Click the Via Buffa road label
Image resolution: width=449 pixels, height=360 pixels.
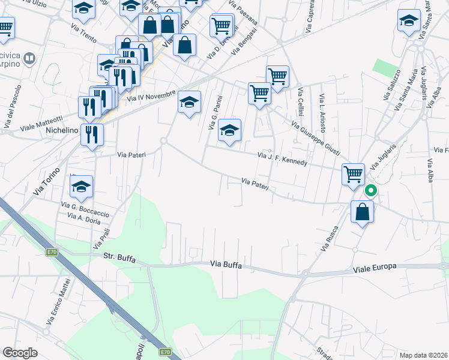[226, 265]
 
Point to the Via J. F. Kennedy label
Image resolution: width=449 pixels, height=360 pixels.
[282, 159]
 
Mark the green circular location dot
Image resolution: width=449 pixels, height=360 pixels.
[371, 191]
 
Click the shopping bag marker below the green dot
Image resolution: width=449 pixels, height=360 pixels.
[363, 212]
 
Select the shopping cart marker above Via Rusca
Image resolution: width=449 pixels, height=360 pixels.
[354, 174]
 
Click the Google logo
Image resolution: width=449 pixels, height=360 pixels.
[20, 353]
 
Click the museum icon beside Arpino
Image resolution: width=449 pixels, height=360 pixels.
[29, 59]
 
